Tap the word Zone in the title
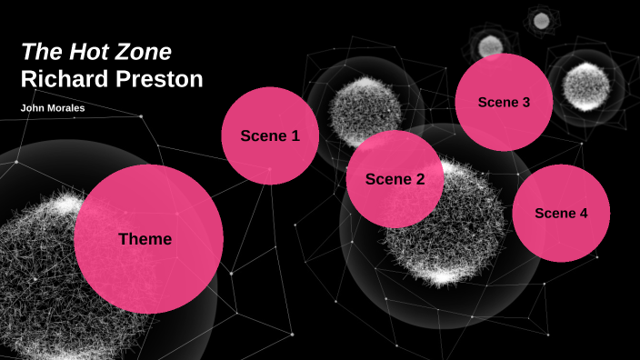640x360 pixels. (x=140, y=52)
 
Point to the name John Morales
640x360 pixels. (x=52, y=108)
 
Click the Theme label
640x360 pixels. (x=145, y=239)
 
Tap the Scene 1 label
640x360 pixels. (x=270, y=135)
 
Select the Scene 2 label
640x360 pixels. (x=395, y=179)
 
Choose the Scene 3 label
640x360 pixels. (x=504, y=102)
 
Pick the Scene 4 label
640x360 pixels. (x=561, y=213)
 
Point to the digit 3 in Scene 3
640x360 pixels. (x=525, y=102)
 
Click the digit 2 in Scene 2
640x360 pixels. (x=420, y=179)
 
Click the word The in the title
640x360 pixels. (x=37, y=52)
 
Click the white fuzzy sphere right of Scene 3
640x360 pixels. (x=585, y=85)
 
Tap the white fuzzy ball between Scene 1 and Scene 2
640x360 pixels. (x=364, y=111)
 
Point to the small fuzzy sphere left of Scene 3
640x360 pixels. (x=490, y=44)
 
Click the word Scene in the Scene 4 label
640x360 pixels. (x=554, y=213)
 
